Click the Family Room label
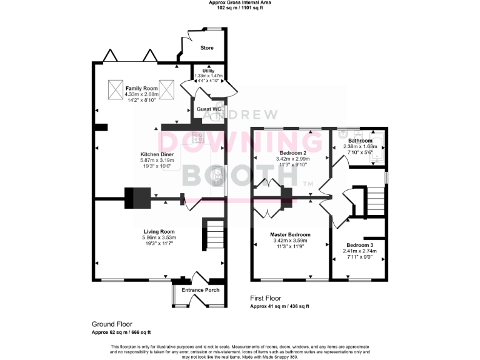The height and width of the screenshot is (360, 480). pyautogui.click(x=141, y=89)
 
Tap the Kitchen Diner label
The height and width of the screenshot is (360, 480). pyautogui.click(x=157, y=154)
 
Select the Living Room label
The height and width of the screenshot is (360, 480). pyautogui.click(x=159, y=231)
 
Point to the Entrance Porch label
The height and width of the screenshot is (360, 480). pyautogui.click(x=200, y=290)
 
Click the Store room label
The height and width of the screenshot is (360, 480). pyautogui.click(x=207, y=47)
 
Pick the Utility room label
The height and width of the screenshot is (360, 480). pyautogui.click(x=208, y=71)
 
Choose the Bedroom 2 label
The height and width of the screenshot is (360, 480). pyautogui.click(x=292, y=152)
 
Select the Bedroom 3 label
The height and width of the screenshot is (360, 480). pyautogui.click(x=359, y=245)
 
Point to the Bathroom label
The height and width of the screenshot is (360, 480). pyautogui.click(x=360, y=141)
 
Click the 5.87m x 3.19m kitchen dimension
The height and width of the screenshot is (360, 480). pyautogui.click(x=157, y=161)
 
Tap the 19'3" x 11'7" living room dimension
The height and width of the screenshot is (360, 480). pyautogui.click(x=159, y=243)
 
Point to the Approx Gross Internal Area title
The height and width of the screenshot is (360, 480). pyautogui.click(x=239, y=3)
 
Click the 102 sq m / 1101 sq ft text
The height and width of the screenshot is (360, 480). pyautogui.click(x=239, y=9)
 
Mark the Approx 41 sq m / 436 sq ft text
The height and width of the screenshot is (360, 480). pyautogui.click(x=279, y=306)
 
